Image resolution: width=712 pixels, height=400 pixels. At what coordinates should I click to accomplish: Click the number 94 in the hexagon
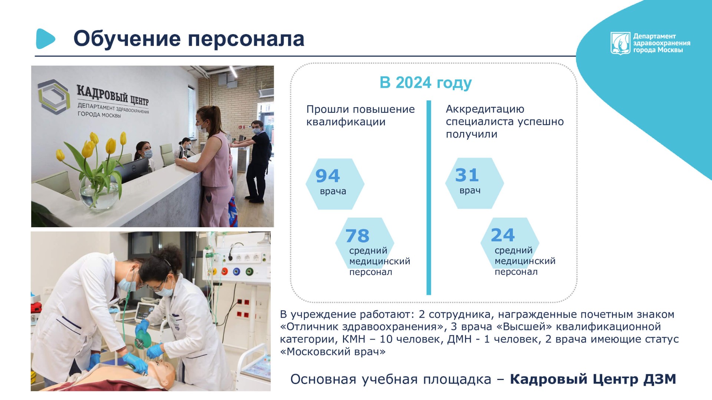click(x=327, y=176)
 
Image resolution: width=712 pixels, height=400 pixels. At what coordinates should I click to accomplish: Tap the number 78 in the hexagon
click(x=357, y=236)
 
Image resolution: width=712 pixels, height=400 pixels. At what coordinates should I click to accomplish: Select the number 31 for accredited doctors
click(x=467, y=175)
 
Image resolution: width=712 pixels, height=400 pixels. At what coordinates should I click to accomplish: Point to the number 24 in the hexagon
click(x=502, y=235)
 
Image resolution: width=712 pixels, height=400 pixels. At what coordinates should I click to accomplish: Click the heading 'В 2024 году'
click(x=425, y=83)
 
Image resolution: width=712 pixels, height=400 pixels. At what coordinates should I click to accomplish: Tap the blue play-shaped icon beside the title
click(x=45, y=39)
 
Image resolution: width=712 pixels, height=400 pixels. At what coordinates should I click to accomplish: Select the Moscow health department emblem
click(x=620, y=43)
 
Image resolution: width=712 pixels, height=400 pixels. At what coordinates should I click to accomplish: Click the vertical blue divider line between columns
click(x=429, y=198)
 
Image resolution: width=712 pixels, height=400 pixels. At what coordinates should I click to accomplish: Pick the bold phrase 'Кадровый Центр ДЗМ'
click(x=593, y=379)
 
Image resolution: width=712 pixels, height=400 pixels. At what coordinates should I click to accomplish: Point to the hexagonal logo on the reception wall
click(x=53, y=96)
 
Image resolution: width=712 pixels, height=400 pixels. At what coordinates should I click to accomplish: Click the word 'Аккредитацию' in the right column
click(x=485, y=109)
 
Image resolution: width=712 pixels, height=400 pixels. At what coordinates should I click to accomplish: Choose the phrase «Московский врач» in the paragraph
click(x=333, y=351)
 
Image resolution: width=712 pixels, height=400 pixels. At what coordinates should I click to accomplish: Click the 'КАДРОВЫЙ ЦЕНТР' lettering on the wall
click(x=113, y=95)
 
